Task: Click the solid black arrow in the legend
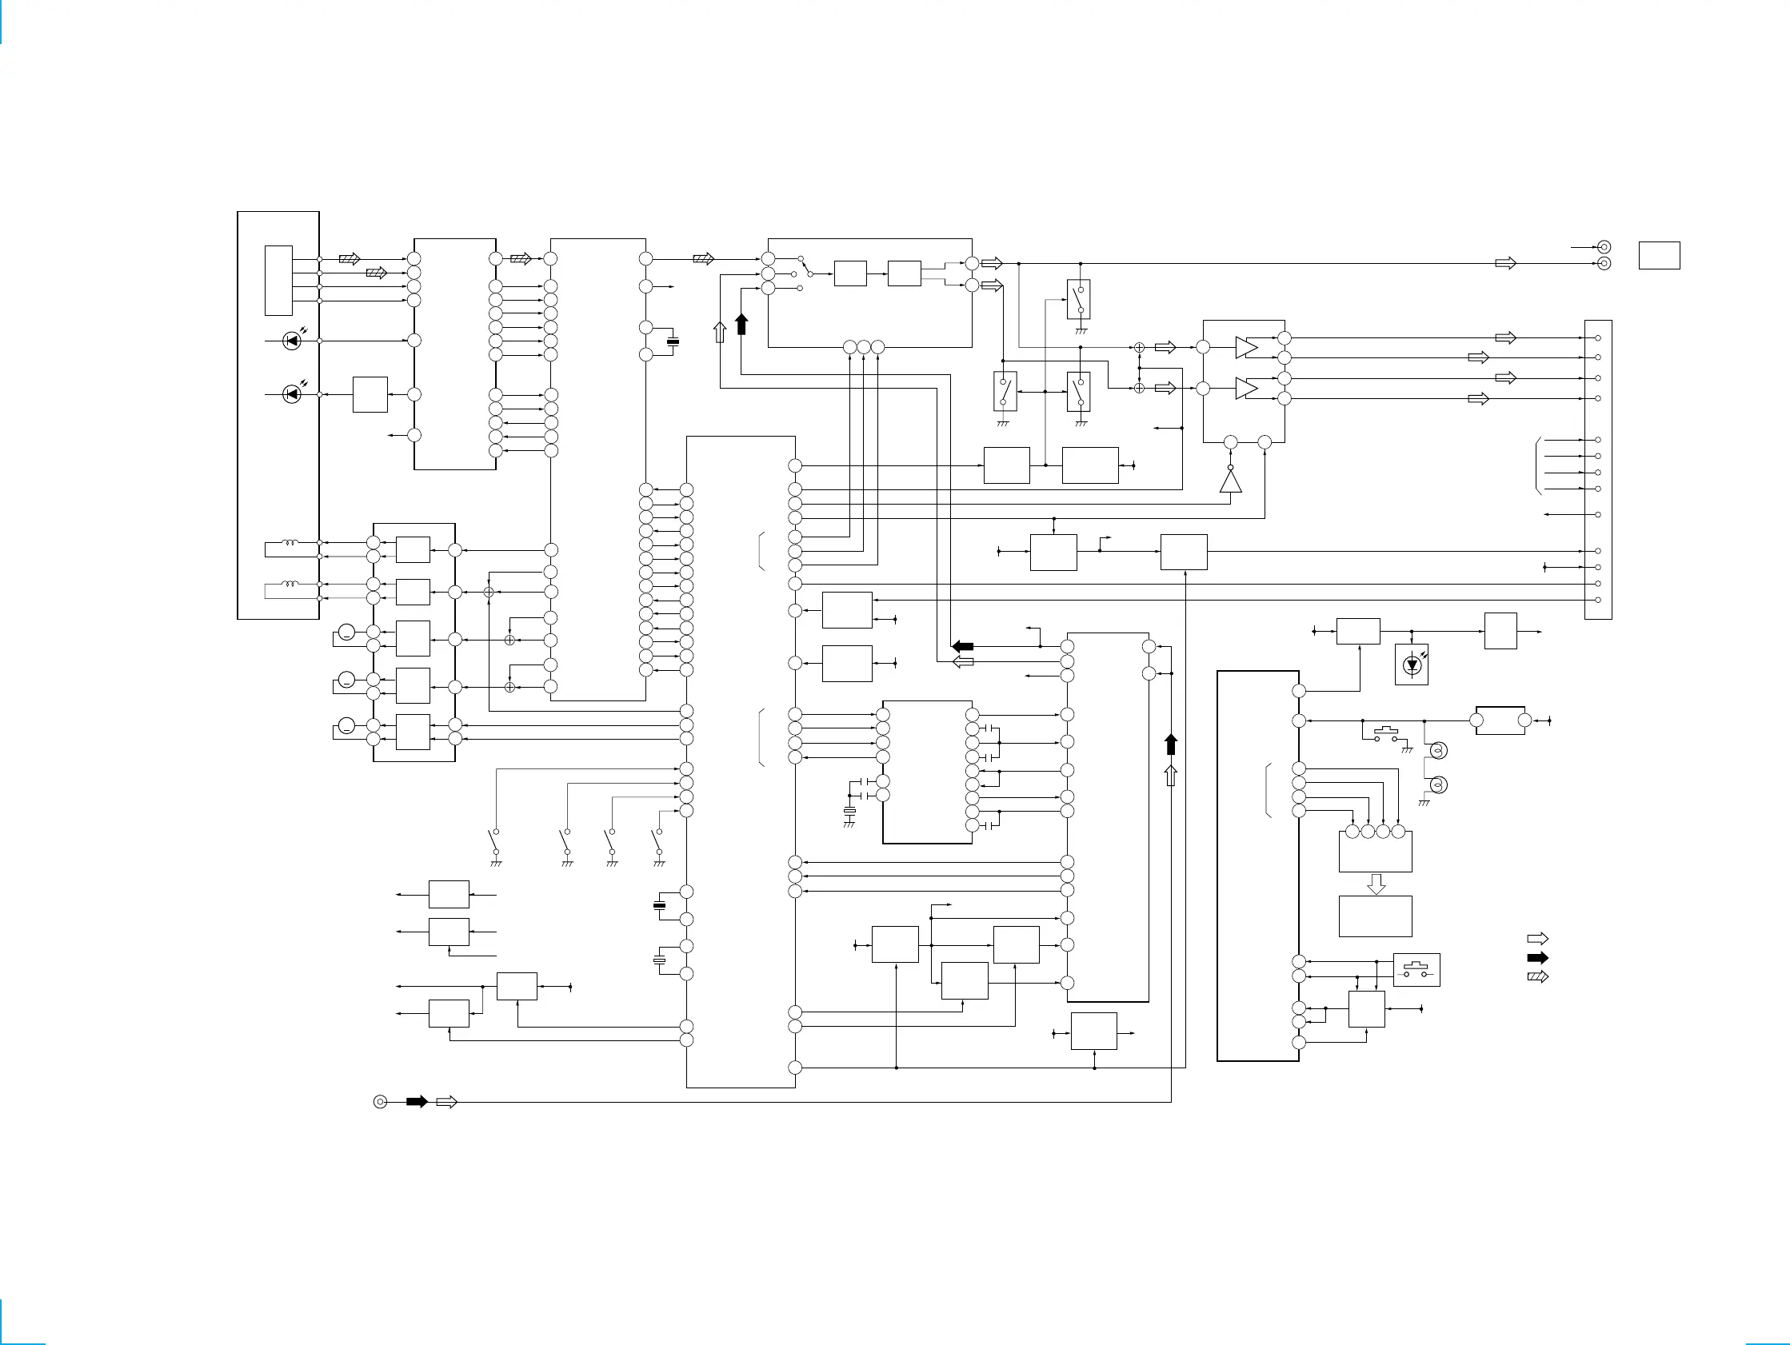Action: (x=1536, y=957)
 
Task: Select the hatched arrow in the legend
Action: (x=1536, y=976)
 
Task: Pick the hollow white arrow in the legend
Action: (x=1536, y=939)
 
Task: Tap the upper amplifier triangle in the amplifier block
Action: (x=1246, y=347)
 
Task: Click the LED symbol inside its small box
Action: (x=1412, y=665)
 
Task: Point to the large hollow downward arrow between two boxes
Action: (x=1376, y=884)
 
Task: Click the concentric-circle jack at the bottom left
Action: (x=381, y=1101)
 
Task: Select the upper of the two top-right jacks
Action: (x=1604, y=247)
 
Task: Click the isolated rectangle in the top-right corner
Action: (x=1659, y=255)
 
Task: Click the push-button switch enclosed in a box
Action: (x=1416, y=969)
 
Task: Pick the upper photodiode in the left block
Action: (x=292, y=341)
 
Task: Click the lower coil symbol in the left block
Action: (x=289, y=585)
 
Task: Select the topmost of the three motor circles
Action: (x=346, y=632)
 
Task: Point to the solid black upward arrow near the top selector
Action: (x=741, y=325)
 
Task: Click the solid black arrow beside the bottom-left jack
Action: (x=417, y=1101)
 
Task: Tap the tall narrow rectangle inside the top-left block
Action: (x=278, y=280)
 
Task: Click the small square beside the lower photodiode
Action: (x=370, y=395)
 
